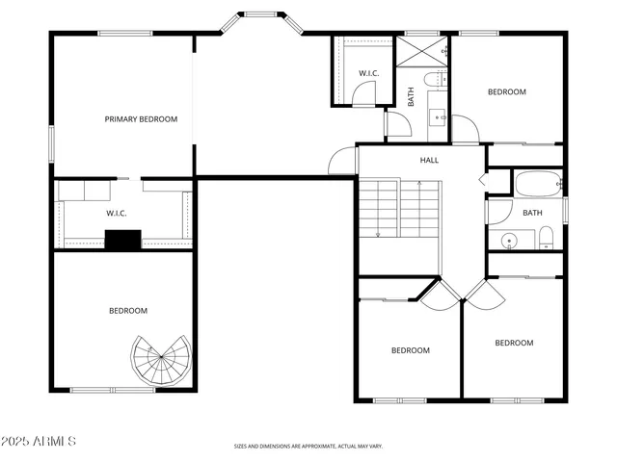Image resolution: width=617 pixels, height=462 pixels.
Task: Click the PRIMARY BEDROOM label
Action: coord(142,119)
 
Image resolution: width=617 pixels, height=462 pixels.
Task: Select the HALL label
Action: coord(429,160)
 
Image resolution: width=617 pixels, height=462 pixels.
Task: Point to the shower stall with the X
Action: coord(424,51)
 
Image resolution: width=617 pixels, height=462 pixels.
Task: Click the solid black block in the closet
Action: coord(123,241)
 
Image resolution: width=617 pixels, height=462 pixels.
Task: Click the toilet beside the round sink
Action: coord(546,238)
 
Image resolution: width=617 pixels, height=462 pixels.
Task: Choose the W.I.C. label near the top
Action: coord(368,73)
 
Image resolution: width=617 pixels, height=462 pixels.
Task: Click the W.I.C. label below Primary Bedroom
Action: coord(117,213)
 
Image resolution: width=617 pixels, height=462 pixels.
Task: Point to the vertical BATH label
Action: coord(411,96)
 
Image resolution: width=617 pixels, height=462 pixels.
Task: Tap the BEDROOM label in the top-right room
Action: coord(506,92)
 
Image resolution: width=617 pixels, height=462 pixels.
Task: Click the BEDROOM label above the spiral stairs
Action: coord(127,310)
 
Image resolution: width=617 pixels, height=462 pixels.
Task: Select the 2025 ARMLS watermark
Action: coord(39,441)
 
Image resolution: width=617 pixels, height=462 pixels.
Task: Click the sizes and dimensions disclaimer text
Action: coord(308,447)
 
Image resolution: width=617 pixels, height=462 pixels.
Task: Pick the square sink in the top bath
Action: coord(437,118)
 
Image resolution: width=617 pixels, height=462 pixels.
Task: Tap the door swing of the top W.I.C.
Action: coord(363,93)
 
